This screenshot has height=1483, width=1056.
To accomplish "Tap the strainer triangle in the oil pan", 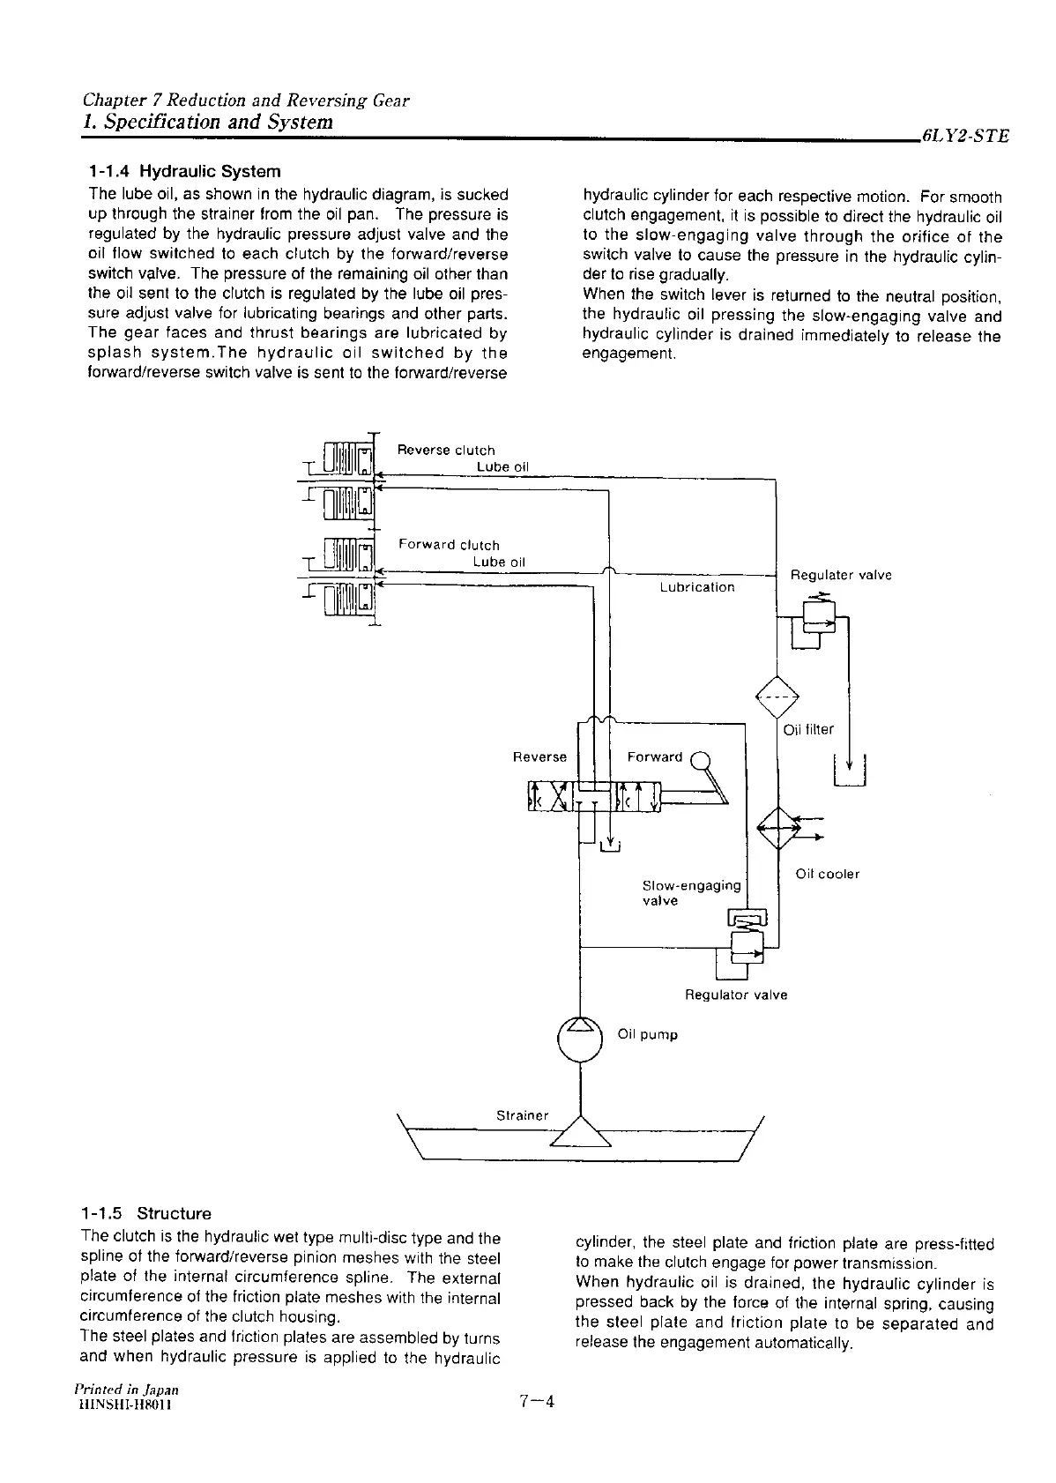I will click(580, 1132).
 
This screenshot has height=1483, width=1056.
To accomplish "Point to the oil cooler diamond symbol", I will click(777, 827).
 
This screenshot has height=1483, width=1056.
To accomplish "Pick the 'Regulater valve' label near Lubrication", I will click(840, 575).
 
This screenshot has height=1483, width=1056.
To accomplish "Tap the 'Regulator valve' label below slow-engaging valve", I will click(736, 995).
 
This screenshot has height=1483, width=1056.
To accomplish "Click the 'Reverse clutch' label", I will click(446, 450).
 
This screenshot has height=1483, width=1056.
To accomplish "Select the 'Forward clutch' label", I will click(449, 545).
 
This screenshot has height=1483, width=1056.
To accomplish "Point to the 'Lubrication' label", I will click(696, 587).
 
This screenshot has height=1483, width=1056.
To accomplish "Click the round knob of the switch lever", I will click(701, 756).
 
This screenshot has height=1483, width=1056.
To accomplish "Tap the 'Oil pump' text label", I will click(648, 1034).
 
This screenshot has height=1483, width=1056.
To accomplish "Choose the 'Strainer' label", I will click(523, 1115).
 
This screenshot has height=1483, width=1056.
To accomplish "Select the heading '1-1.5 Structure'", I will click(145, 1213).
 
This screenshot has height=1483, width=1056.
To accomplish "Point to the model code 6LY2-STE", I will click(963, 136).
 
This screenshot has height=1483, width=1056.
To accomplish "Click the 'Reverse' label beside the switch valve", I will click(539, 756).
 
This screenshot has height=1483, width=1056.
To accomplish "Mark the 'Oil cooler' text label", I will click(827, 874).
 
